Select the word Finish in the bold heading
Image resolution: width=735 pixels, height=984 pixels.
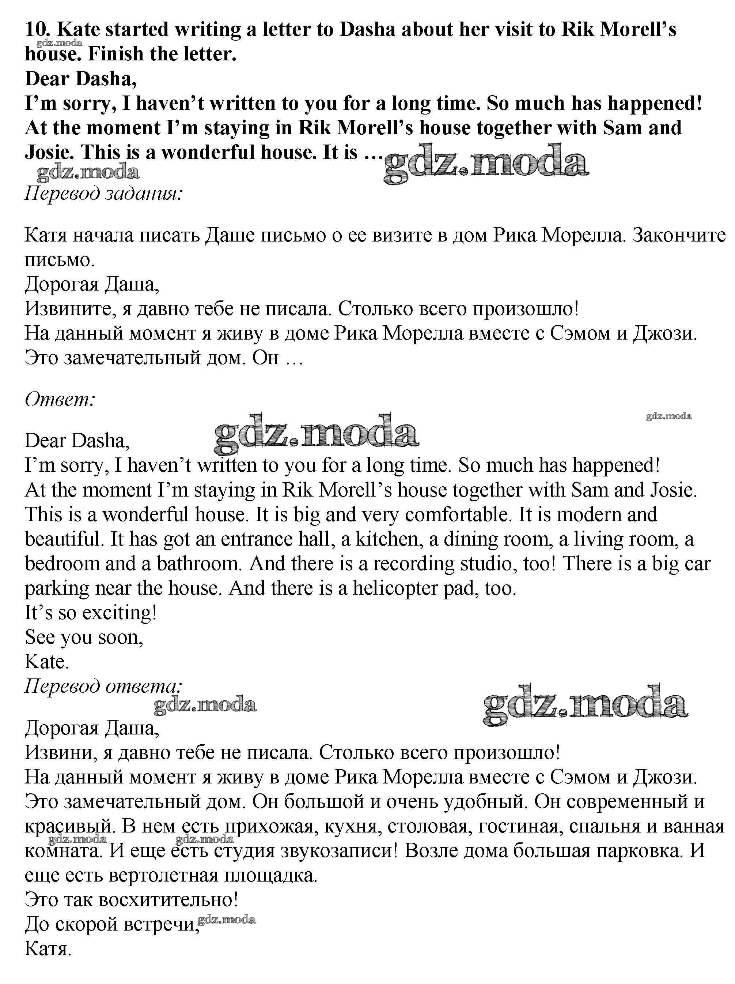click(x=116, y=54)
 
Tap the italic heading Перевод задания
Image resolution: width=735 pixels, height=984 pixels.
click(x=103, y=194)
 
